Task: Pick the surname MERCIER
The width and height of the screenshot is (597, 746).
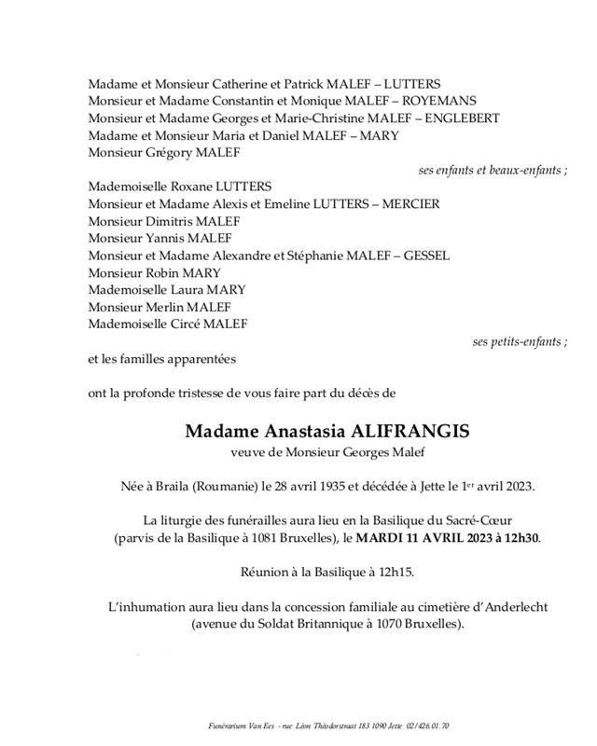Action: tap(403, 204)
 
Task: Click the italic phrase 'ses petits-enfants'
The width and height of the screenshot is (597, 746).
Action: tap(516, 342)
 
